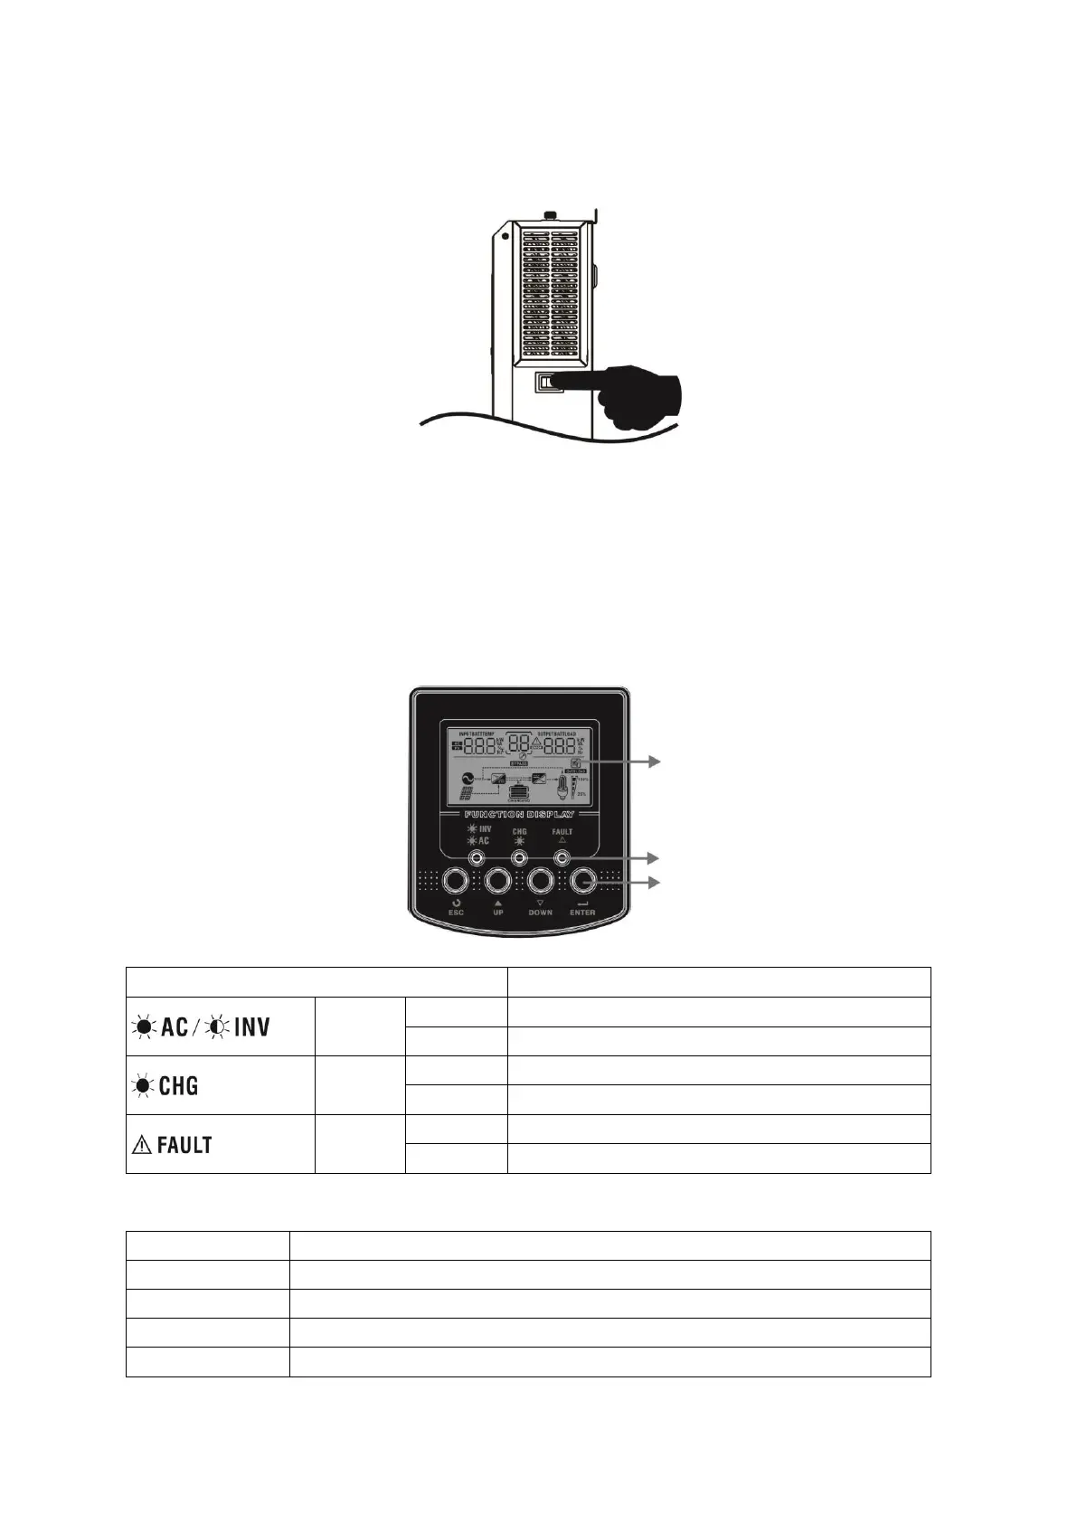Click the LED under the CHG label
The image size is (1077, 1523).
click(519, 856)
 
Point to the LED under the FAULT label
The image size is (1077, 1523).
click(562, 856)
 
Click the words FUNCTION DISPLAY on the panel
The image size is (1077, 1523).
click(519, 814)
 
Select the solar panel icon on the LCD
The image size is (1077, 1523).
click(467, 796)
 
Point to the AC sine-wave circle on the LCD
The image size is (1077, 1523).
click(468, 776)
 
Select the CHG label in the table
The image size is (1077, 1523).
click(166, 1085)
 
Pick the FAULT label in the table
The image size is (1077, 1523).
click(172, 1144)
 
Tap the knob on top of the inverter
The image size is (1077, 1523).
click(548, 215)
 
